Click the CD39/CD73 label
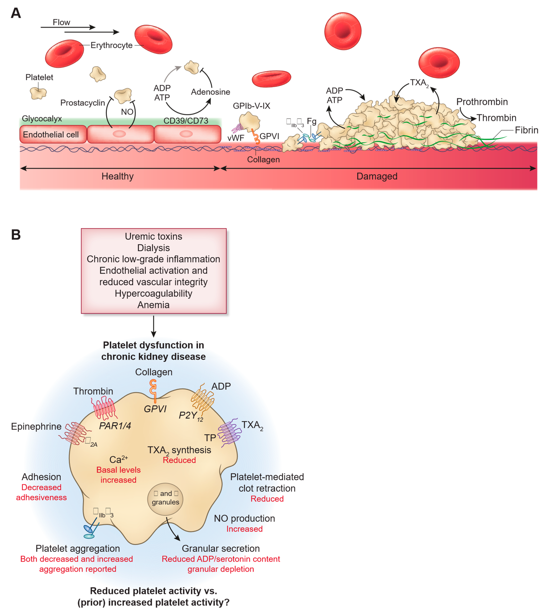(186, 121)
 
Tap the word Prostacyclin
(83, 103)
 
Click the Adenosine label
(210, 92)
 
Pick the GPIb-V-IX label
(251, 106)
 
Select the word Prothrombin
(482, 102)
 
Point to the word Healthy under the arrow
(117, 176)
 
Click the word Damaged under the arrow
(377, 176)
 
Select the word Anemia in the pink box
(153, 305)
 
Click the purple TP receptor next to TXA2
(230, 433)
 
